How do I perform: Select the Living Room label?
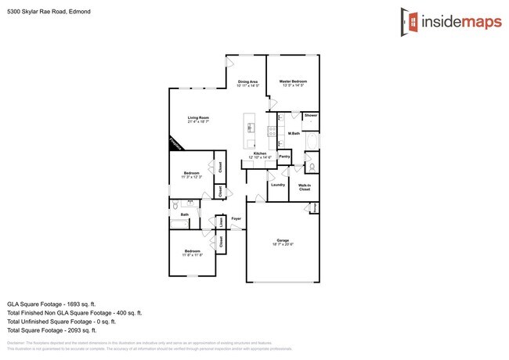point(198,118)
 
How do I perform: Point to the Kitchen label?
point(259,154)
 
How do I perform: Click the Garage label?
point(283,240)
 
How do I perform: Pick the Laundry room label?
point(276,185)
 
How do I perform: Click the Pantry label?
point(284,156)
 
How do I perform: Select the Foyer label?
point(236,218)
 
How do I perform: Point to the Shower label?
point(311,116)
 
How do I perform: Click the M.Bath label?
point(294,134)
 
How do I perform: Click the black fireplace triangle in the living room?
point(175,144)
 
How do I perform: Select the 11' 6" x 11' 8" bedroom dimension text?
point(193,255)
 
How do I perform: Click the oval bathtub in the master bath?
point(312,141)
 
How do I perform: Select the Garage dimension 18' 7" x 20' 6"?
point(283,245)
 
